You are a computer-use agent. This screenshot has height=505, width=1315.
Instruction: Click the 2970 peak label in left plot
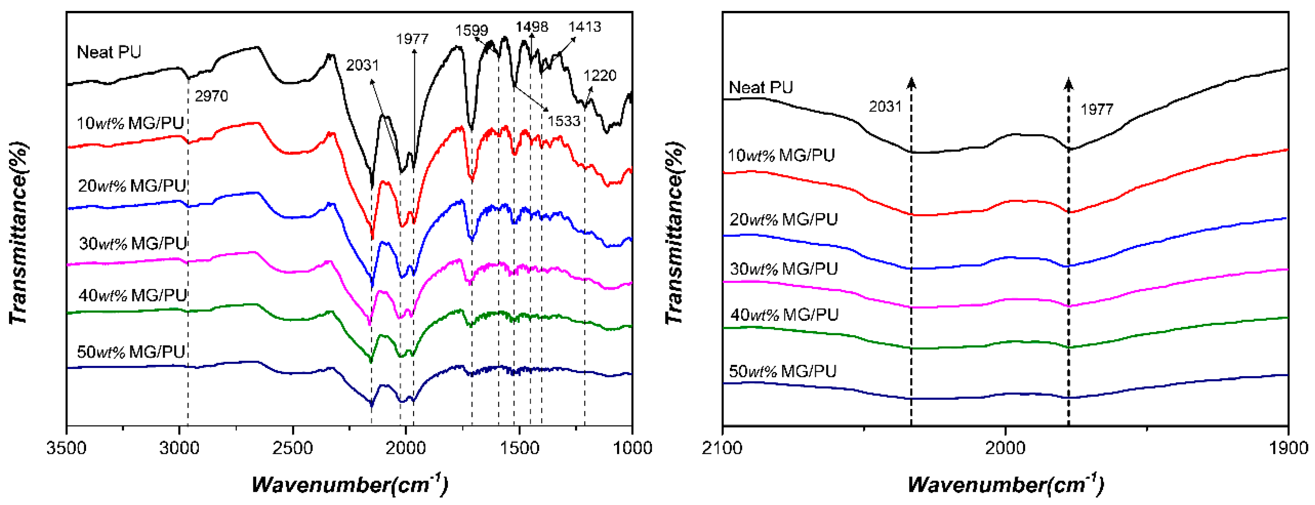pyautogui.click(x=211, y=96)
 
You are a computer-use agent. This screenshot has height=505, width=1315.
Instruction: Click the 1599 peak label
pyautogui.click(x=471, y=31)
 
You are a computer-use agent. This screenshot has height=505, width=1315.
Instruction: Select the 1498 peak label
pyautogui.click(x=532, y=27)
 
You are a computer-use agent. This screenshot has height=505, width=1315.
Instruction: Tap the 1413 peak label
pyautogui.click(x=585, y=27)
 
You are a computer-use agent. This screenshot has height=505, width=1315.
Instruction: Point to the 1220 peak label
pyautogui.click(x=600, y=76)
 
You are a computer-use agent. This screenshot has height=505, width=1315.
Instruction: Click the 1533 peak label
pyautogui.click(x=564, y=121)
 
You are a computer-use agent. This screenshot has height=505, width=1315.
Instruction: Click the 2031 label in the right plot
pyautogui.click(x=885, y=106)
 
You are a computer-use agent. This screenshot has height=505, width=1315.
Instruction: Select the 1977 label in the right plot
pyautogui.click(x=1097, y=109)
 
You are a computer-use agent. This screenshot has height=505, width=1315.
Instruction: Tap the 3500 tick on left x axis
pyautogui.click(x=67, y=448)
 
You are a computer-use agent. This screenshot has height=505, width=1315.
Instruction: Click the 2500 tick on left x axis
pyautogui.click(x=293, y=448)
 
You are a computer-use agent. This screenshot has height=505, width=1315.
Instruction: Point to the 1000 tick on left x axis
pyautogui.click(x=632, y=448)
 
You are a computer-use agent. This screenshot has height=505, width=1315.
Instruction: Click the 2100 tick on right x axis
pyautogui.click(x=722, y=448)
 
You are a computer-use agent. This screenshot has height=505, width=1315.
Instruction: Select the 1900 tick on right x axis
pyautogui.click(x=1288, y=448)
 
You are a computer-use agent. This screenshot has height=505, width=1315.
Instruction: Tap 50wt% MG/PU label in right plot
pyautogui.click(x=782, y=371)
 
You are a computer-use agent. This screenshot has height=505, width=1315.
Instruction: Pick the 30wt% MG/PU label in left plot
pyautogui.click(x=133, y=243)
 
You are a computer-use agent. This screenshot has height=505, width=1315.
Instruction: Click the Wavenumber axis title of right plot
pyautogui.click(x=1005, y=484)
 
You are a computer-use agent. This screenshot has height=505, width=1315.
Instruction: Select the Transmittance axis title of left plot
pyautogui.click(x=18, y=233)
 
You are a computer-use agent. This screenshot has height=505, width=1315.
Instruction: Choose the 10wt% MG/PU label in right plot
pyautogui.click(x=781, y=155)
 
